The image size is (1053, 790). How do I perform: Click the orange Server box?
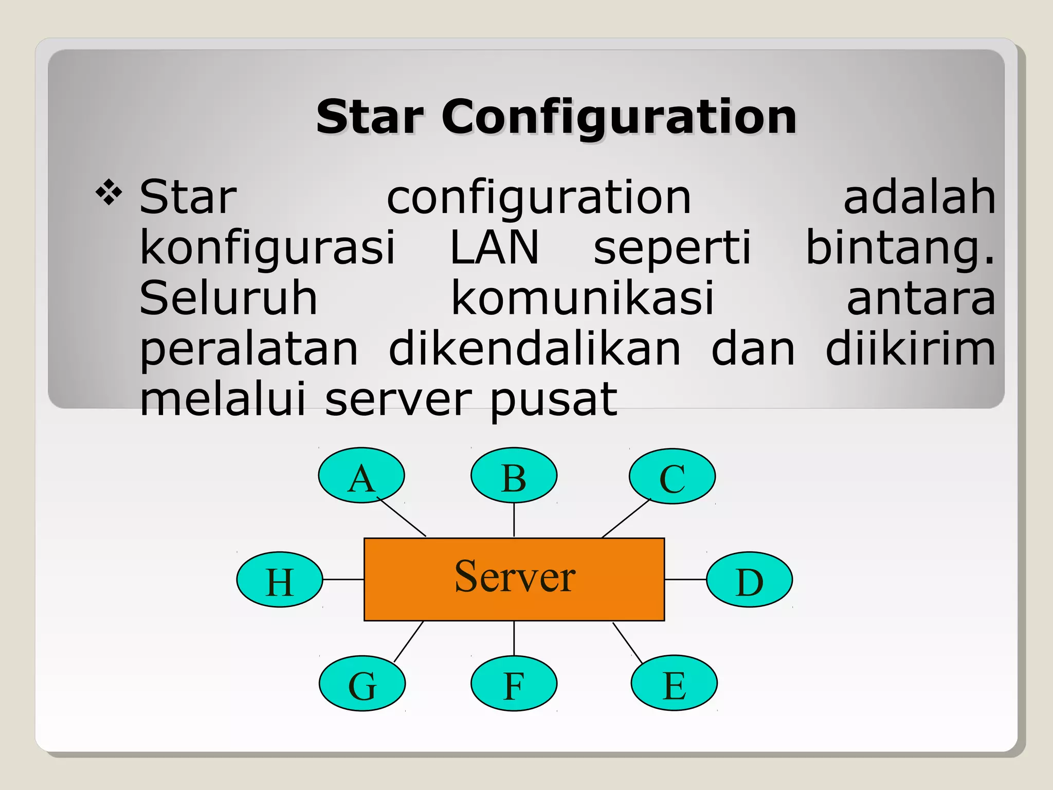(514, 579)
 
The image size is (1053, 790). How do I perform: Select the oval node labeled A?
(361, 475)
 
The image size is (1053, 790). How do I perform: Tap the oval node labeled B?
(514, 475)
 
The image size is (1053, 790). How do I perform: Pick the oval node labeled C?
(672, 476)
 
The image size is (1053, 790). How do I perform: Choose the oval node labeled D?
(749, 580)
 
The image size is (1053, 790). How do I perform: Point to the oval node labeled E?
(674, 683)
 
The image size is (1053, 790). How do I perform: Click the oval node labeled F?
(514, 684)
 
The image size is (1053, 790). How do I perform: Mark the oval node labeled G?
(362, 684)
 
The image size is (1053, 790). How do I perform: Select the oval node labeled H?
(280, 580)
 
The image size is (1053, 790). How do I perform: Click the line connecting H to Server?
(343, 580)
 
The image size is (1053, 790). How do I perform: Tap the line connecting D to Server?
(685, 580)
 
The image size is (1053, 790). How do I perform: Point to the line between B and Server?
(514, 520)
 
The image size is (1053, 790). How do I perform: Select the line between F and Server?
(514, 638)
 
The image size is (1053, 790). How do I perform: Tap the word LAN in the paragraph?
(494, 247)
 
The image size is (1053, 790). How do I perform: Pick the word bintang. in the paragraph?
(900, 248)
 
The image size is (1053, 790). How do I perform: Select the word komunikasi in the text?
(583, 298)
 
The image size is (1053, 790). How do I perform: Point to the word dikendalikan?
(534, 349)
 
